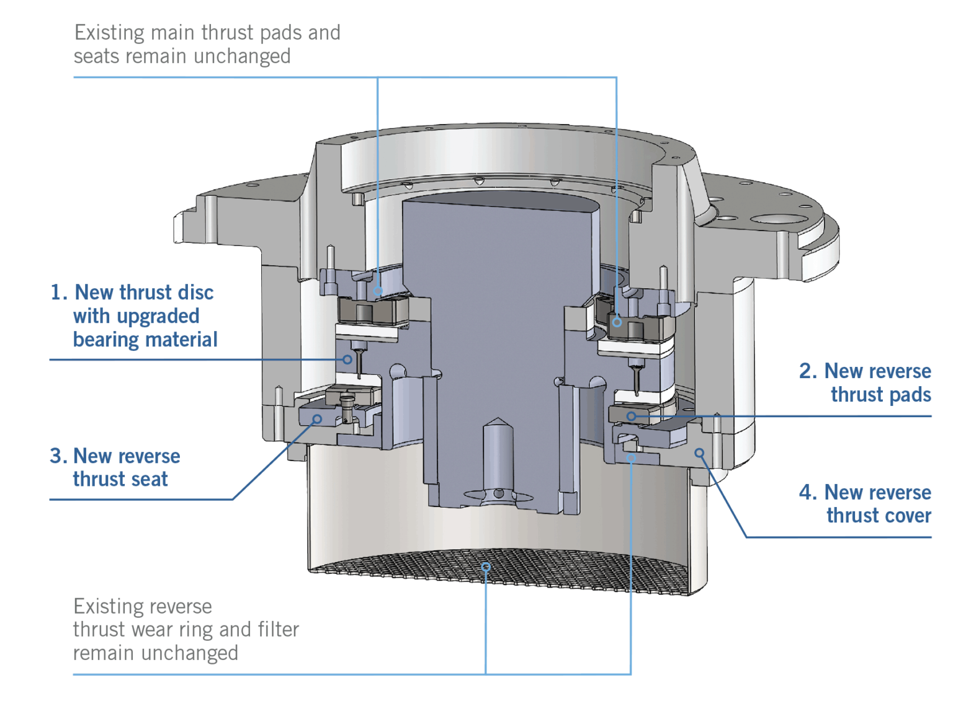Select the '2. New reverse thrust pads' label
click(865, 382)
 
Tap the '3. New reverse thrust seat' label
click(115, 467)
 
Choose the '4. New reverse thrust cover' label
click(865, 504)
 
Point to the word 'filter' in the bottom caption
click(278, 629)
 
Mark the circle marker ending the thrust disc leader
click(347, 359)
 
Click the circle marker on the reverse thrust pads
click(631, 416)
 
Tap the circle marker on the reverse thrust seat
click(317, 420)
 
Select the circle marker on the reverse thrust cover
click(699, 453)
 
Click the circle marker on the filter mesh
click(486, 566)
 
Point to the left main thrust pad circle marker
click(378, 291)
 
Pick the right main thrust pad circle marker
click(617, 322)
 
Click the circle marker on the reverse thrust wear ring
click(631, 458)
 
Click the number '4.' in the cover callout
click(807, 492)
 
